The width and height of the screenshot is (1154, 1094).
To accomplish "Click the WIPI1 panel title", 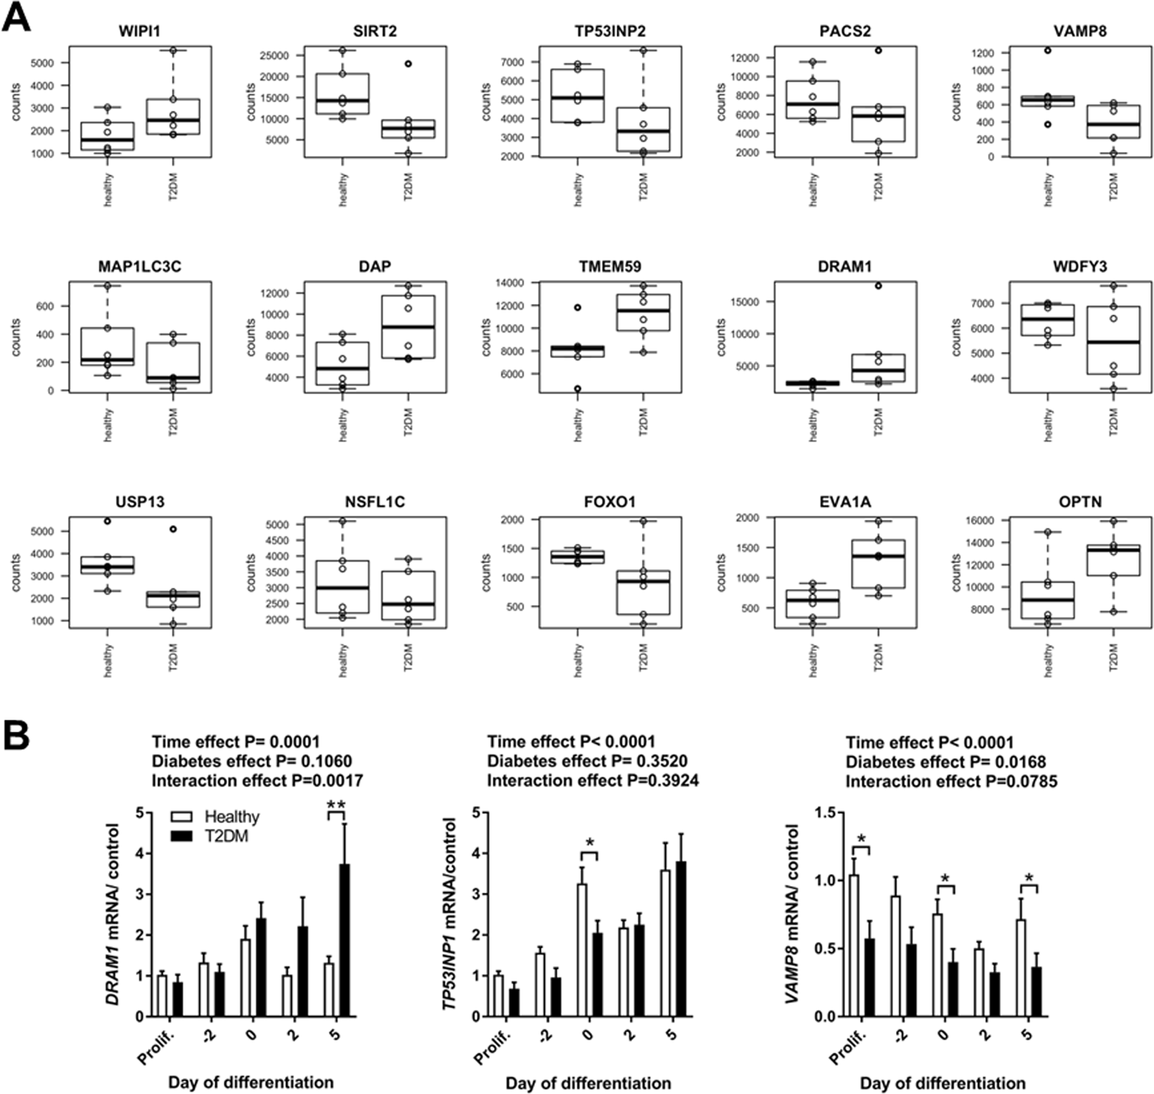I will pos(140,32).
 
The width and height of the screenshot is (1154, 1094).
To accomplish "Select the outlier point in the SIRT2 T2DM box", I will pos(409,64).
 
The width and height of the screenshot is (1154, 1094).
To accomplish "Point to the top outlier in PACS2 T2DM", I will pos(878,51).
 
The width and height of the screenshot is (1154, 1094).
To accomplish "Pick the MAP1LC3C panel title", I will pos(140,267).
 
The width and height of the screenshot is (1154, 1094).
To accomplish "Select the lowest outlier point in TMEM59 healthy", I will pos(577,388).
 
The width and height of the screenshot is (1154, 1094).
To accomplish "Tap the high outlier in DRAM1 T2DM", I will pos(878,286).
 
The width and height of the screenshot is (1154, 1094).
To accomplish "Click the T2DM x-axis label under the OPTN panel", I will pos(1113,657).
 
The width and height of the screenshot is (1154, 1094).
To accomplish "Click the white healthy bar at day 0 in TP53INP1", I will pos(582,950).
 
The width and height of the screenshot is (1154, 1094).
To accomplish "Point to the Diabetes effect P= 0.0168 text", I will pos(945,762).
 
